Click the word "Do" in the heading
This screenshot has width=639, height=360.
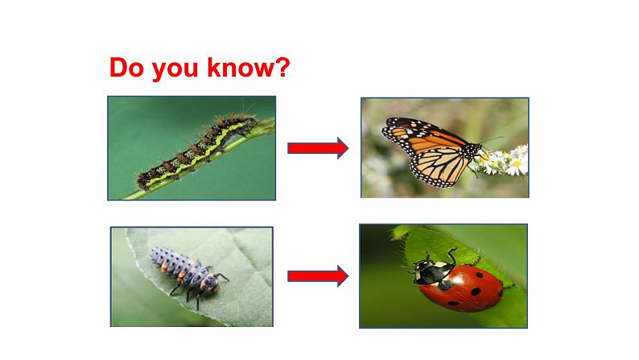[x=126, y=68]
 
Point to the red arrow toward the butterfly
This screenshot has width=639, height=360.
[x=318, y=148]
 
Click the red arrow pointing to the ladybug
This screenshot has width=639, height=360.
[x=318, y=276]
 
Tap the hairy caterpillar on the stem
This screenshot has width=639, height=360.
[x=196, y=151]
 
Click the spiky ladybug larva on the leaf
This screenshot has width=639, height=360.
[x=188, y=271]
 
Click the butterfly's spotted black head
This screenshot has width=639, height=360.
[x=474, y=151]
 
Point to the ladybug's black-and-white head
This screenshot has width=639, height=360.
[x=428, y=271]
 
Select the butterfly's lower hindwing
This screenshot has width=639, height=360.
[x=440, y=167]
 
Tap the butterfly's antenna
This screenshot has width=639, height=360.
[x=491, y=140]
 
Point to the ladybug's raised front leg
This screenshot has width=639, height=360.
[x=451, y=255]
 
